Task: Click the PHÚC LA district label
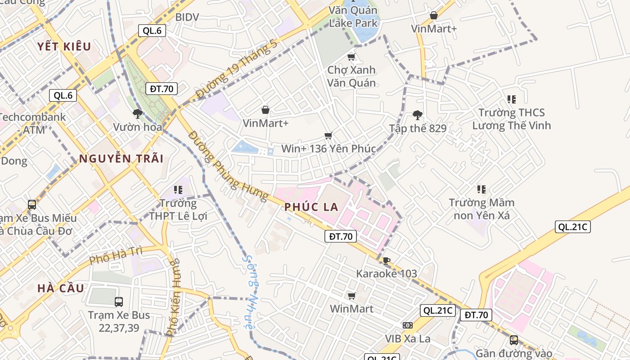(311, 207)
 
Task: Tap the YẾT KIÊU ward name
(64, 46)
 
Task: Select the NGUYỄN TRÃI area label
(121, 158)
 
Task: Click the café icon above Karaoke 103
(386, 261)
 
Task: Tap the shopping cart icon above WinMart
(351, 296)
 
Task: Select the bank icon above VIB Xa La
(408, 325)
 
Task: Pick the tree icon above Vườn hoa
(138, 114)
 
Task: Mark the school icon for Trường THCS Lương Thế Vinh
(511, 99)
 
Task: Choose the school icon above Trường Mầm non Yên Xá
(481, 189)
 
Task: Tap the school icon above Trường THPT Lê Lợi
(178, 190)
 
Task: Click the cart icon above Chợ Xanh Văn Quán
(351, 57)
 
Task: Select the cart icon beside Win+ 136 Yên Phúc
(328, 136)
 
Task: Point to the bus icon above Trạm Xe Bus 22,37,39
(119, 302)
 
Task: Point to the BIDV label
(187, 17)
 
